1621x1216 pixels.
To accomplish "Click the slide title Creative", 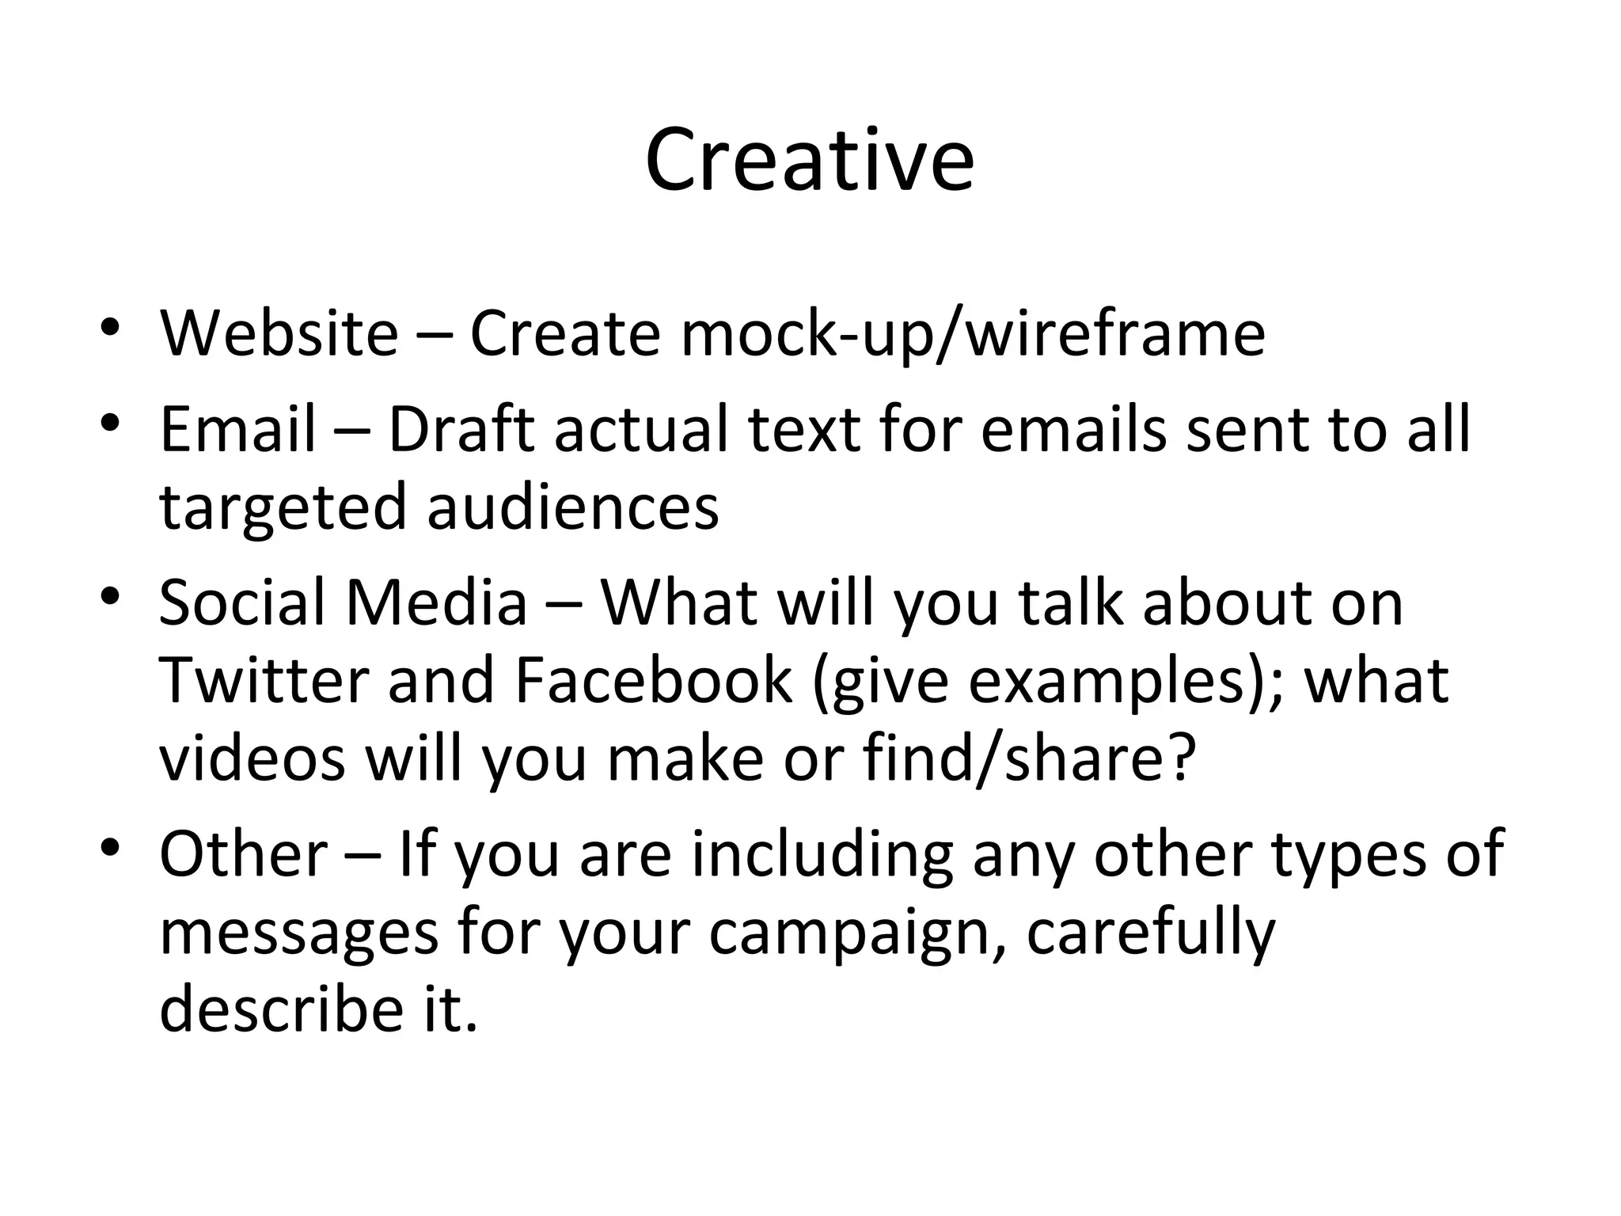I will pyautogui.click(x=809, y=161).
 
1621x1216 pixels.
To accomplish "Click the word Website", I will pyautogui.click(x=279, y=333).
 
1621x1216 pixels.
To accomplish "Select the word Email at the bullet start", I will pyautogui.click(x=237, y=429).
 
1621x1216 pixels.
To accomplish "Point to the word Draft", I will pyautogui.click(x=461, y=429).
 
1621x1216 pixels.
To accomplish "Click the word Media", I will pyautogui.click(x=436, y=602).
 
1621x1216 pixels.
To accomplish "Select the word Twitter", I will pyautogui.click(x=264, y=680).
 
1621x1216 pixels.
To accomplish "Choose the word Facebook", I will pyautogui.click(x=653, y=680).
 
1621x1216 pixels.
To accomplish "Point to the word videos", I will pyautogui.click(x=252, y=758).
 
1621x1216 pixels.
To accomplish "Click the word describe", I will pyautogui.click(x=282, y=1009).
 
